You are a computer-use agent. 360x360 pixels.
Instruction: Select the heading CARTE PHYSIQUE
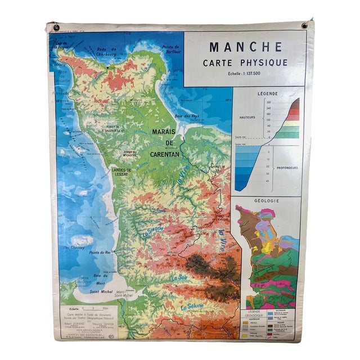(x=245, y=62)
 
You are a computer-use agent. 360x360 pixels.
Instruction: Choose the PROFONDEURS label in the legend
(x=283, y=166)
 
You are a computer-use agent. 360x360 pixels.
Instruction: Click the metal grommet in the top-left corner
(x=56, y=26)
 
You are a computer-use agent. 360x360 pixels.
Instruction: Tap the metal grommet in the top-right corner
(x=305, y=26)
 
